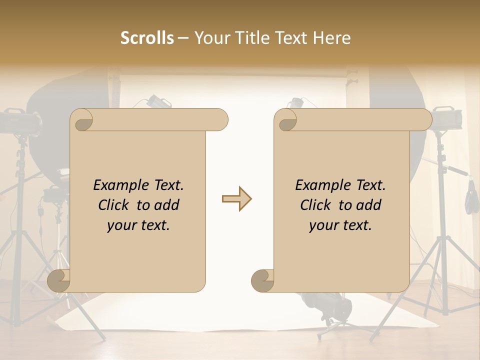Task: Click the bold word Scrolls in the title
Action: tap(147, 38)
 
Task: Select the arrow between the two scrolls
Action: tap(236, 199)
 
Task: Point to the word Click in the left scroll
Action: tap(114, 205)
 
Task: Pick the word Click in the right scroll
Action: tap(316, 205)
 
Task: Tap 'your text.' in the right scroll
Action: tap(340, 225)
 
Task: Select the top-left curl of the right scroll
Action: tap(286, 120)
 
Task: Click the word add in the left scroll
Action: tap(167, 205)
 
